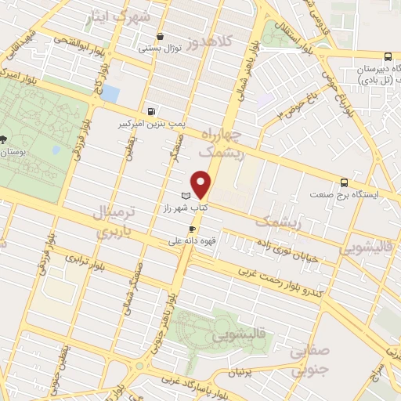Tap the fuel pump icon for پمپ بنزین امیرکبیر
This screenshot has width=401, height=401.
(x=150, y=111)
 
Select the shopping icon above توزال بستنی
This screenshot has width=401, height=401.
(x=161, y=36)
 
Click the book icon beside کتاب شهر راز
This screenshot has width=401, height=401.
(x=186, y=195)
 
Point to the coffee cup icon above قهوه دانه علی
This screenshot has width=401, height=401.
(x=192, y=229)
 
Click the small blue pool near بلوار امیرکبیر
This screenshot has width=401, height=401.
(x=111, y=94)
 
